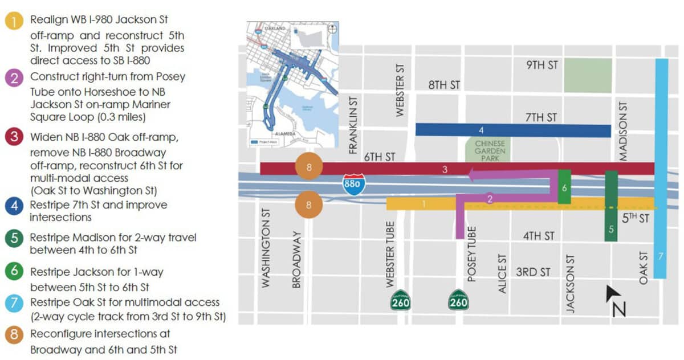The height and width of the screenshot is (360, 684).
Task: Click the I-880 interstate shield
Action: (353, 185)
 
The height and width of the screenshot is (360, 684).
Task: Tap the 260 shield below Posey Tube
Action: (458, 300)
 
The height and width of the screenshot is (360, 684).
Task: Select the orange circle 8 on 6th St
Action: (309, 167)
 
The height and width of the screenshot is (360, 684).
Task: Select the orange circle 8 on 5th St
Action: (309, 205)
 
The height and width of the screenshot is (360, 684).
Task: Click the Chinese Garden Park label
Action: (490, 150)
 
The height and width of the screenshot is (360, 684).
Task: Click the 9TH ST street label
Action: (541, 65)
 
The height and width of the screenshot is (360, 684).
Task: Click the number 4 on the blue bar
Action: (481, 130)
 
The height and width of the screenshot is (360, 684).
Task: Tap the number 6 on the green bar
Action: (564, 187)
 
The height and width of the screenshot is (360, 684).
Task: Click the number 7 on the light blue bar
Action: (661, 256)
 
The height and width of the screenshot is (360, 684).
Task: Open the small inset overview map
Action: (293, 84)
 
